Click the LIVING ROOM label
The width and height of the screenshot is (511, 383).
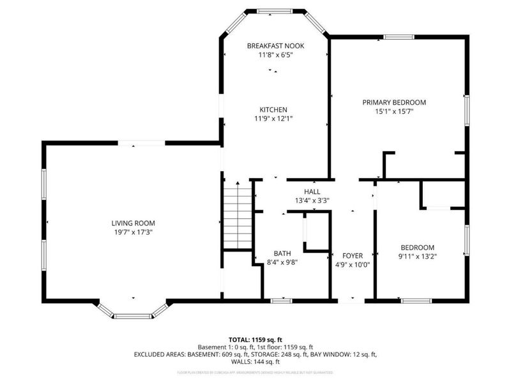133,223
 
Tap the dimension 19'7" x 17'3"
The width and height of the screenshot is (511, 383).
133,232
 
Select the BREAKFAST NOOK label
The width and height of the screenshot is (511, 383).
275,46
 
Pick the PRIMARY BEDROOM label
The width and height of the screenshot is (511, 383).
394,102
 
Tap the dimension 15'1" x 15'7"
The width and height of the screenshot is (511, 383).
394,111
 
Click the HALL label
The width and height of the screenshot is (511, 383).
312,191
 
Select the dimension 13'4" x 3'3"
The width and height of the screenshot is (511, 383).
312,200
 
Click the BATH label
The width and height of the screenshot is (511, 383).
282,253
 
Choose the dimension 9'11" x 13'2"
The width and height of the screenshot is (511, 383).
418,257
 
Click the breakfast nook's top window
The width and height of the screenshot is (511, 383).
275,10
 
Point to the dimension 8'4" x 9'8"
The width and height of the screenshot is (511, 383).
282,262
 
